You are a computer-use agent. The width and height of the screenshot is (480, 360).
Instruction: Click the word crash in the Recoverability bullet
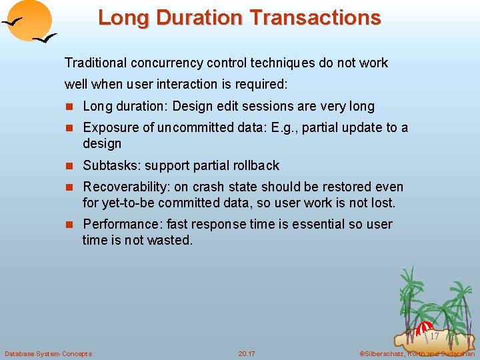[208, 187]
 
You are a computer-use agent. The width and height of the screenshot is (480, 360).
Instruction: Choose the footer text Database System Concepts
[49, 353]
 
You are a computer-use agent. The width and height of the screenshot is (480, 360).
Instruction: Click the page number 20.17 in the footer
[247, 353]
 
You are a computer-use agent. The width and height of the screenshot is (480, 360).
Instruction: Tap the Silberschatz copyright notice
[416, 353]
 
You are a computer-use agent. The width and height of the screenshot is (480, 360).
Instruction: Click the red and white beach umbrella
[423, 327]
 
